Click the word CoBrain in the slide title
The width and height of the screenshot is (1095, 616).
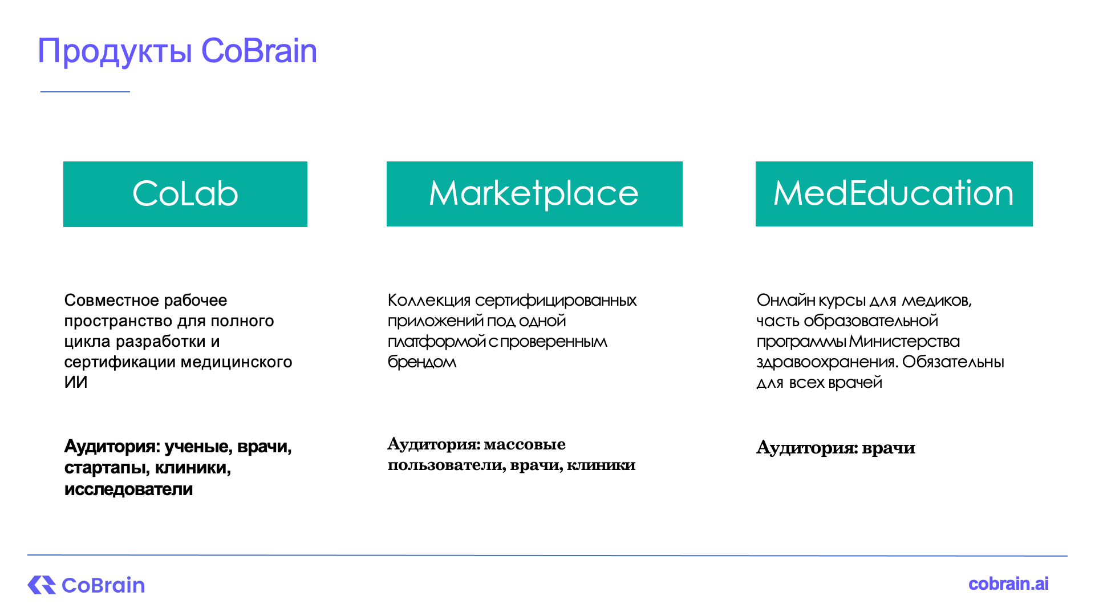point(259,51)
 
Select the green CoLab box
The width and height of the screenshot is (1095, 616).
point(185,194)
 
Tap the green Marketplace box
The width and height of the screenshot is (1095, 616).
point(534,194)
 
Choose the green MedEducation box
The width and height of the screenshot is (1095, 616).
point(894,194)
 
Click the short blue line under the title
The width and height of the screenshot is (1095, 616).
point(85,91)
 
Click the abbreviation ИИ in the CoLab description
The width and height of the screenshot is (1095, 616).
point(76,382)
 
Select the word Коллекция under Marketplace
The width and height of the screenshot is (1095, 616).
point(429,301)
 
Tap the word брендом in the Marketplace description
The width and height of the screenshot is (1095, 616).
point(422,362)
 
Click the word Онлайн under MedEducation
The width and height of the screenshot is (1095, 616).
point(786,300)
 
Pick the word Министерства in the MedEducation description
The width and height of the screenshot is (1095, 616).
point(905,341)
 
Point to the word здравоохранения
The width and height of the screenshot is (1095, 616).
point(828,362)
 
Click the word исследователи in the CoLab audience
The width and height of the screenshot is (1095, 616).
point(129,489)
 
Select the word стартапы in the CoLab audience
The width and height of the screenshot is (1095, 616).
point(107,468)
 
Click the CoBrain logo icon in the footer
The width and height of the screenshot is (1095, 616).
point(42,585)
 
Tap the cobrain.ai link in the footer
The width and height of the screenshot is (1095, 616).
point(1008,583)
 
